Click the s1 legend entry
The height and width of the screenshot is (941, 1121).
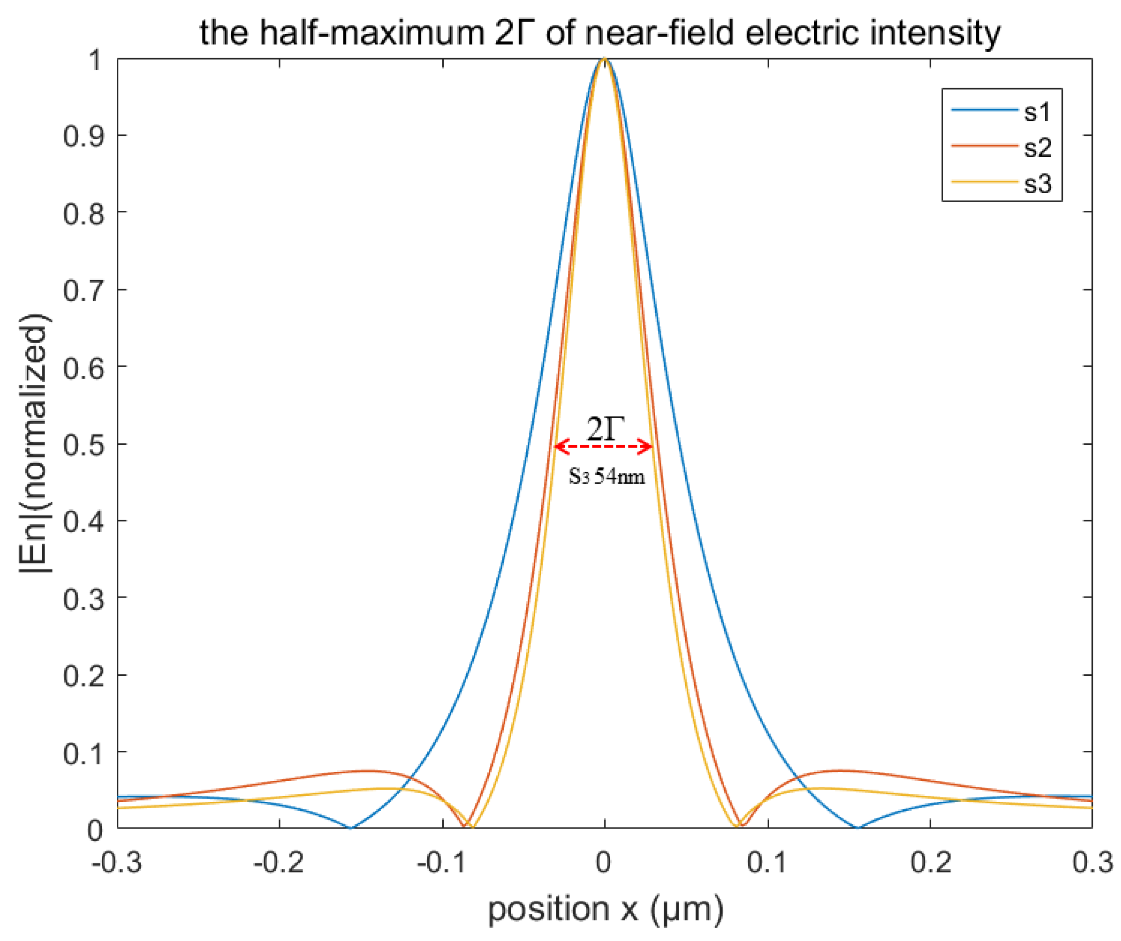click(x=1037, y=112)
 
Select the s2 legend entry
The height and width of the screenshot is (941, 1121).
click(x=1037, y=148)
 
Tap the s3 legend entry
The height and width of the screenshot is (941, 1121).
click(x=1037, y=184)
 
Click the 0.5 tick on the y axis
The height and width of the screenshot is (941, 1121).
click(x=84, y=444)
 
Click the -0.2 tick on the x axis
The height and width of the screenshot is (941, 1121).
click(x=279, y=862)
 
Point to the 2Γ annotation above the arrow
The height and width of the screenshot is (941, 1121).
click(x=605, y=428)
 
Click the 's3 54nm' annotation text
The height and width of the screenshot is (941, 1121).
click(x=606, y=475)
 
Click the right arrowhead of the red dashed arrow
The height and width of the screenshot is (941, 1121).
click(x=650, y=447)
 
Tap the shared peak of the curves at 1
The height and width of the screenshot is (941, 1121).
click(x=604, y=59)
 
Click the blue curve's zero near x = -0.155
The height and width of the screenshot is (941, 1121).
click(x=351, y=828)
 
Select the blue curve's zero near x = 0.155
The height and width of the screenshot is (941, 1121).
click(x=857, y=828)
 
